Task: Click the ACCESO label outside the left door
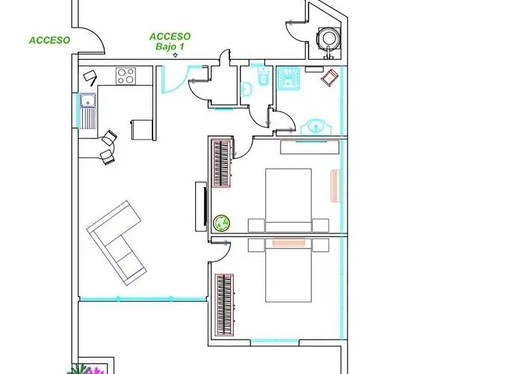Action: click(50, 40)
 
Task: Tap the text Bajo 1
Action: click(170, 46)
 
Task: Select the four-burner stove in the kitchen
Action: click(126, 76)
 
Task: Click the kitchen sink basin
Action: click(88, 100)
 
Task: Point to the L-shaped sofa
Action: click(117, 243)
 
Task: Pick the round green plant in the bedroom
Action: click(222, 223)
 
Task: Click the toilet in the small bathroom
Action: click(264, 77)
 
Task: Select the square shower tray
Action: click(288, 79)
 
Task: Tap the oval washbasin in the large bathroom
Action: click(315, 127)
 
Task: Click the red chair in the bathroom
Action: click(329, 78)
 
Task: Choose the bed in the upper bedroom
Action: click(288, 200)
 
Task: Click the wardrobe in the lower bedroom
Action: click(224, 304)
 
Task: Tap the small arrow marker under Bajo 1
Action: click(175, 55)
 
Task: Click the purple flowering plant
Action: click(93, 370)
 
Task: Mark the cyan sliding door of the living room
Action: click(143, 299)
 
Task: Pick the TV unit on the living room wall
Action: click(201, 206)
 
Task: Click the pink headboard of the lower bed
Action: click(289, 242)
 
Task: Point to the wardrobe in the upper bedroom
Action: click(222, 164)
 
